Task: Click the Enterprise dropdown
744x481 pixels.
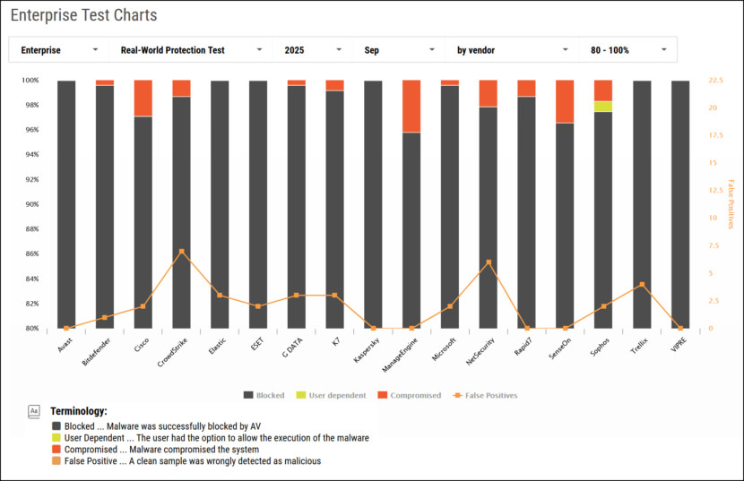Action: pos(58,50)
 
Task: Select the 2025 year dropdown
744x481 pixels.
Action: pos(312,50)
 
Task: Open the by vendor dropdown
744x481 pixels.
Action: pos(512,50)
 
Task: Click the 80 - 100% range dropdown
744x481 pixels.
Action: pos(627,50)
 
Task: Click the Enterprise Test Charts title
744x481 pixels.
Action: pos(83,15)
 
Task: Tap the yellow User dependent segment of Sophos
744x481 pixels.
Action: pos(603,107)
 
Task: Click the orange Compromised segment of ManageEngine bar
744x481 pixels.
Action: pos(411,107)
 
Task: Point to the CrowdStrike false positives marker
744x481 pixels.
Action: pos(182,252)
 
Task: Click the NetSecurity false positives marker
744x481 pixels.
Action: pos(489,262)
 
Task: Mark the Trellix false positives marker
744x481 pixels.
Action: pos(642,285)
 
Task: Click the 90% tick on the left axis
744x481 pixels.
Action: pos(30,204)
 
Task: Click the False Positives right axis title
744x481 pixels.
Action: pos(731,204)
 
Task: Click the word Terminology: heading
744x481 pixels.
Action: pos(79,410)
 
